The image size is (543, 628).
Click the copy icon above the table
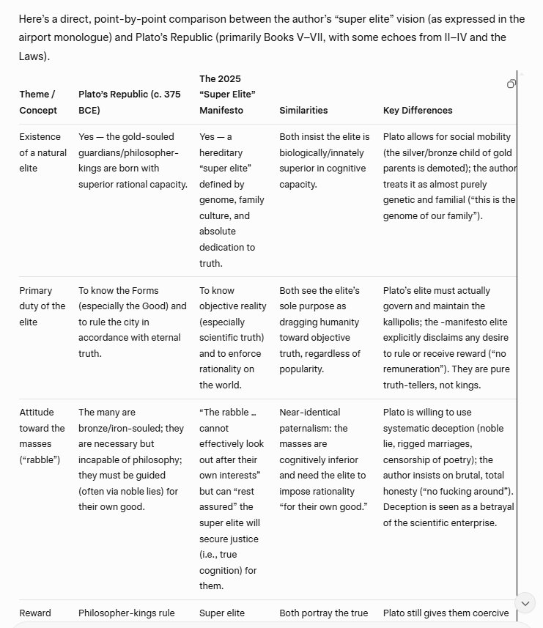click(x=511, y=84)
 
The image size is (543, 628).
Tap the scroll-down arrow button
click(x=525, y=602)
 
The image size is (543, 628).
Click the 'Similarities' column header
click(x=303, y=110)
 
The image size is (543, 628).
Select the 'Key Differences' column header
click(x=418, y=110)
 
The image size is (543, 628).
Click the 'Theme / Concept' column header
click(x=37, y=103)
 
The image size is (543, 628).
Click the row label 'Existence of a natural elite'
click(x=43, y=152)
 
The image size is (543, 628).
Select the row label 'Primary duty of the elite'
click(x=42, y=306)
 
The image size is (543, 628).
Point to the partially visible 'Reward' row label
click(x=35, y=613)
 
